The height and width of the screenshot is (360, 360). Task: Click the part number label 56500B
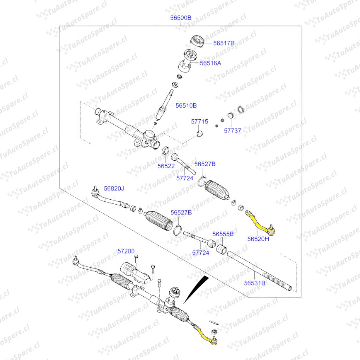pos(181,18)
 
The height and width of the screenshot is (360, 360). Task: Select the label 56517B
pos(224,43)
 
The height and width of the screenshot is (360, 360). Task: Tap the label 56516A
pos(210,63)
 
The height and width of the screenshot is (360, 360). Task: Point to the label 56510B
pos(186,105)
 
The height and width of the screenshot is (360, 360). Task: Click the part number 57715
pos(199,122)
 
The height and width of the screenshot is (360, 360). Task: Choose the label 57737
pos(232,131)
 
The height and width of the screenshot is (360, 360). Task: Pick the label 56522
pos(166,166)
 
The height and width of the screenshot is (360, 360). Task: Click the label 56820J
pos(114,189)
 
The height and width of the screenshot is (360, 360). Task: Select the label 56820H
pos(258,239)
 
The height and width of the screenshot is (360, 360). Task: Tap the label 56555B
pos(223,234)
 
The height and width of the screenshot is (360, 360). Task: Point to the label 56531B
pos(255,283)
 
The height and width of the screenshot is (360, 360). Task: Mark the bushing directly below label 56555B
pos(222,249)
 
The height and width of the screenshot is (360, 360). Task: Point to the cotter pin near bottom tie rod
pos(214,323)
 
